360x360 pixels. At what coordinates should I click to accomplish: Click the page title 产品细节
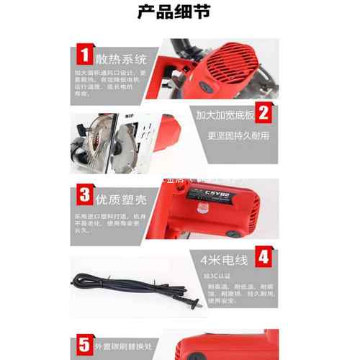179,12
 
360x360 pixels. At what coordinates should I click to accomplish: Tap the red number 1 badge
84,55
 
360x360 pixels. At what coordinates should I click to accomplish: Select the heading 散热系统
120,57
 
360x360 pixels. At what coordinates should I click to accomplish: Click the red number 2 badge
264,113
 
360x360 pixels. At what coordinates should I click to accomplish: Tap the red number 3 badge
84,194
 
